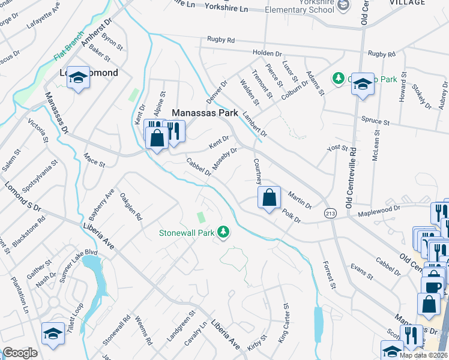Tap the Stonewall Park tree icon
223,232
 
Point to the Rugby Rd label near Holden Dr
221,40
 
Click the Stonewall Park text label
187,232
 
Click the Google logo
20,353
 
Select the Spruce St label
375,122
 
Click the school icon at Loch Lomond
78,77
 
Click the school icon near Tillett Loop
52,333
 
